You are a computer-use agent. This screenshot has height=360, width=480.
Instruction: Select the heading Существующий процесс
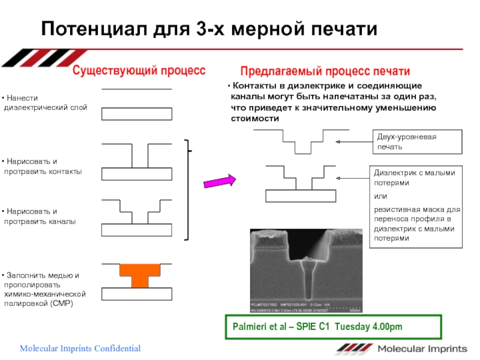pyautogui.click(x=139, y=71)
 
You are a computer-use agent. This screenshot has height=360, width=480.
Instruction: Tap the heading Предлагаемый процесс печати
pyautogui.click(x=325, y=71)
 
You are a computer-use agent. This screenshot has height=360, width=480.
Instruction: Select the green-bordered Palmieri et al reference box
pyautogui.click(x=332, y=326)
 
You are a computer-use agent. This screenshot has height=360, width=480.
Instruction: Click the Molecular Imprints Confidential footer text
pyautogui.click(x=80, y=349)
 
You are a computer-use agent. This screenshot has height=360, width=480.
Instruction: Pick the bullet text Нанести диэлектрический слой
pyautogui.click(x=46, y=103)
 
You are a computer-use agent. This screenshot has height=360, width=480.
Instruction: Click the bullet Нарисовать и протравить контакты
pyautogui.click(x=43, y=167)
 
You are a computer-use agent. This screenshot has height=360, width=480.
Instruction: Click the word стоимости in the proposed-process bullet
pyautogui.click(x=256, y=118)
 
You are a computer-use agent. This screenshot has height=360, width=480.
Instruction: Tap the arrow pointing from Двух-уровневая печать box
pyautogui.click(x=354, y=142)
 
